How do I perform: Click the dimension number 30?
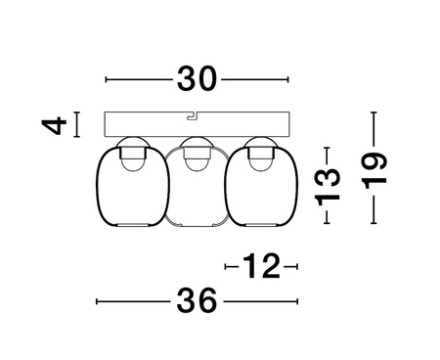[198, 79]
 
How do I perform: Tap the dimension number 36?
[198, 302]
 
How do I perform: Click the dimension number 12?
[260, 265]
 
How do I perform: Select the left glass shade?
[125, 190]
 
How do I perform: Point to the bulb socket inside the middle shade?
[196, 157]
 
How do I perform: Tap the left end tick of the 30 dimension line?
[106, 79]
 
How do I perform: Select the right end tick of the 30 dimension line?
[289, 79]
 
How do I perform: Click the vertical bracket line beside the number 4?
[78, 124]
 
